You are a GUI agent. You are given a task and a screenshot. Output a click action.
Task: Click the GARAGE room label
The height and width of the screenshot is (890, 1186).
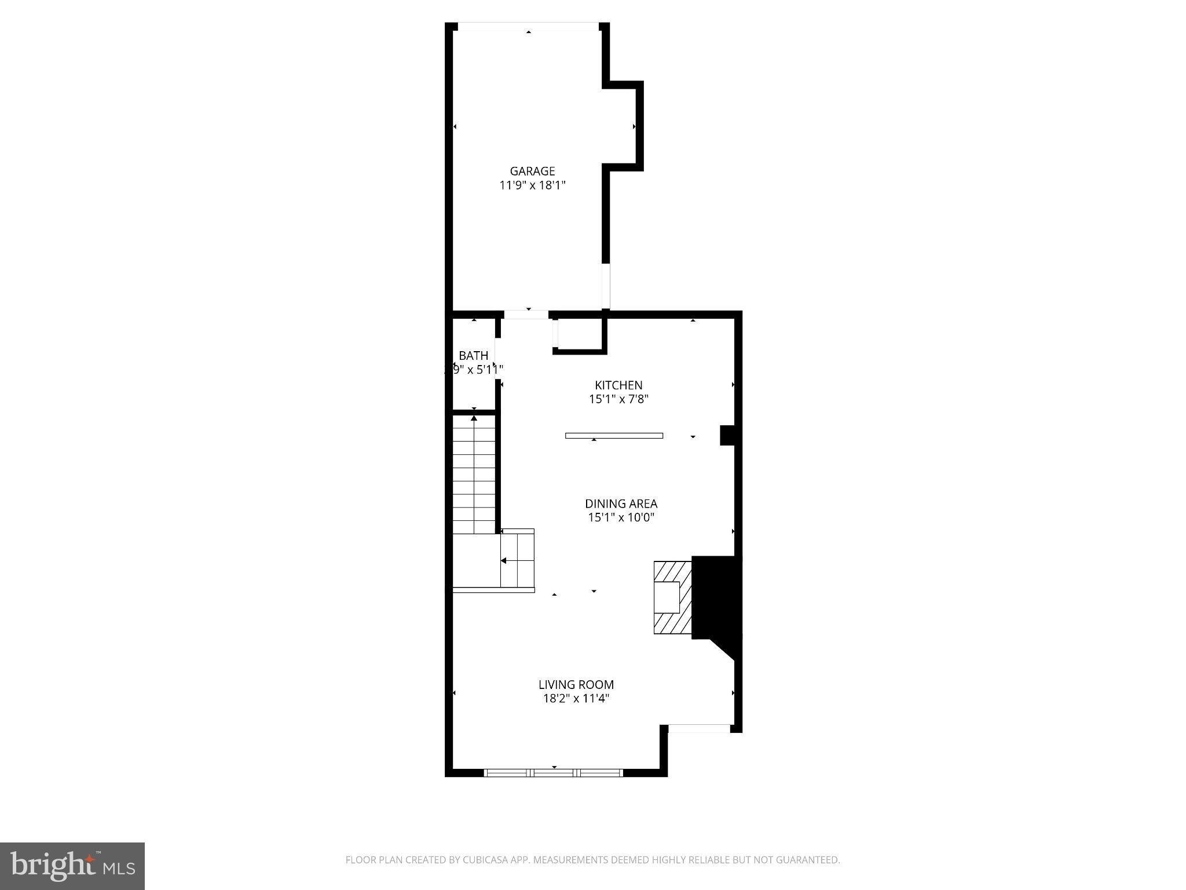pos(532,171)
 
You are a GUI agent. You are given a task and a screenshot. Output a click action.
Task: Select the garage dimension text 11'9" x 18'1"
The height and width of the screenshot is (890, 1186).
pos(532,185)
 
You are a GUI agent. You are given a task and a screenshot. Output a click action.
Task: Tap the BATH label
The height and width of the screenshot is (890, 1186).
pos(473,355)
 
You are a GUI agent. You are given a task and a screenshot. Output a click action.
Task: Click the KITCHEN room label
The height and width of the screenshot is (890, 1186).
pos(618,385)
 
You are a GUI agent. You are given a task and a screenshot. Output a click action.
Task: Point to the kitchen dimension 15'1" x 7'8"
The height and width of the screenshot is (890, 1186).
pos(618,399)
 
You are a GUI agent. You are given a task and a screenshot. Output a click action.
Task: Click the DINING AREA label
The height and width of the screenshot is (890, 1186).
pos(621,504)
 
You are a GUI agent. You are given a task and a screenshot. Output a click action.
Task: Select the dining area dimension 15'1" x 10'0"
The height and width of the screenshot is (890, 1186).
pos(621,517)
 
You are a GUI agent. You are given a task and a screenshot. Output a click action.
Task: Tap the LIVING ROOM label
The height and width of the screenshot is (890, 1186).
pos(576,685)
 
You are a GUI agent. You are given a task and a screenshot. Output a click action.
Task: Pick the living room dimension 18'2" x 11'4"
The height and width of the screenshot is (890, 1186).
pos(576,699)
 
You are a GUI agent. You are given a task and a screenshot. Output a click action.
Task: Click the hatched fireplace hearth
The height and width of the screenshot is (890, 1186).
pos(672,597)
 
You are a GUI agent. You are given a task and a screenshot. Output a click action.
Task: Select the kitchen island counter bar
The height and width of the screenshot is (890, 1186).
pos(614,436)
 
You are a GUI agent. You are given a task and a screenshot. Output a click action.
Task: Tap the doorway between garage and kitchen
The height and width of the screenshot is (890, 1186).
pos(526,315)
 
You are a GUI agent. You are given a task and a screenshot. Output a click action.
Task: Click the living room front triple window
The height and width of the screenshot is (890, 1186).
pos(553,772)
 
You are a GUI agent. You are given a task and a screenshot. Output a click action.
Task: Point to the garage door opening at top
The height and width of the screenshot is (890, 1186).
pos(528,26)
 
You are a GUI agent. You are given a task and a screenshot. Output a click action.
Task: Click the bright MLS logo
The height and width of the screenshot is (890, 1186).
pos(72,866)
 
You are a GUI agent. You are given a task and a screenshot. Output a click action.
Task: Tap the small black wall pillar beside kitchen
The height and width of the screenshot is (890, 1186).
pos(727,435)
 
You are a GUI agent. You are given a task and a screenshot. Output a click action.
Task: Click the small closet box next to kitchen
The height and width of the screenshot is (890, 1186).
pos(579,334)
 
